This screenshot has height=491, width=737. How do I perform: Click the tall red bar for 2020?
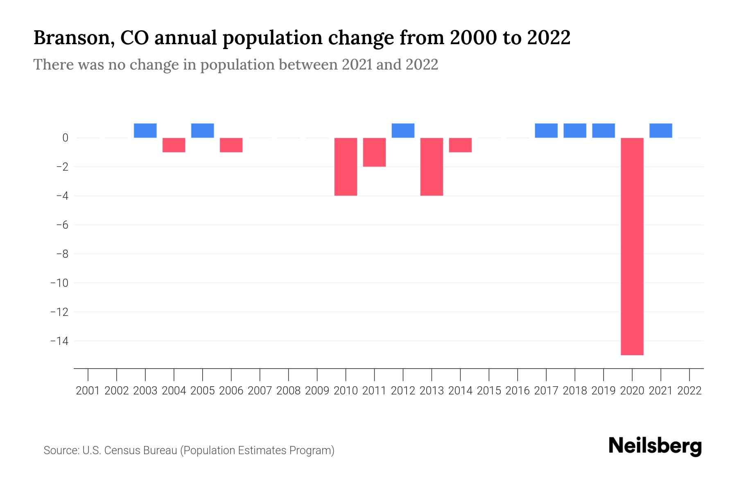[x=632, y=246]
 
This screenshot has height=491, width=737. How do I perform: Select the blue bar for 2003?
[x=145, y=131]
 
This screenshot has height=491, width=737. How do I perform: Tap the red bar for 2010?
[x=346, y=167]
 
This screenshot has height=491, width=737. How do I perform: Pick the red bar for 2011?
[x=374, y=152]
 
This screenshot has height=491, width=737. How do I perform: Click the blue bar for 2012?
[x=403, y=131]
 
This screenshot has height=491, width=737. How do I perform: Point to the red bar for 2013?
[x=432, y=167]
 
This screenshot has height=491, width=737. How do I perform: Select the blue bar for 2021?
[x=660, y=131]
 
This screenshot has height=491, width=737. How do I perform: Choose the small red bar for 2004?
[x=174, y=145]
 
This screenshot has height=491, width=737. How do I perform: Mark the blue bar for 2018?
[x=574, y=131]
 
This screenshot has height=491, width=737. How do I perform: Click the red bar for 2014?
[x=460, y=145]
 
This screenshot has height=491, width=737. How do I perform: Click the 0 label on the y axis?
[x=65, y=138]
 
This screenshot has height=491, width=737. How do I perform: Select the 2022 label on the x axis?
[x=690, y=391]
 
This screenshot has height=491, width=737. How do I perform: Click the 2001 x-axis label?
[x=88, y=391]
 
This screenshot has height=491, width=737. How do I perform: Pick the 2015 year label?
[x=489, y=391]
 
